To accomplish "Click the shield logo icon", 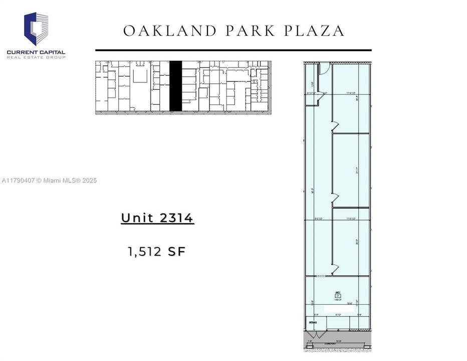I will click(x=36, y=29).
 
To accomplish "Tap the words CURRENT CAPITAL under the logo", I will click(x=36, y=52).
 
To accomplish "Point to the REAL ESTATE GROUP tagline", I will click(x=36, y=58).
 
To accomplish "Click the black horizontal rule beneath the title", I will click(x=233, y=50).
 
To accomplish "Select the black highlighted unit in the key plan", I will click(x=175, y=86).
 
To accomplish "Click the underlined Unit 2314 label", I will click(x=157, y=218).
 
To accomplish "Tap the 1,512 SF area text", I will click(x=157, y=251).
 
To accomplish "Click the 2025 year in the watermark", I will click(x=88, y=180).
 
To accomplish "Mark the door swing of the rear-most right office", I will click(x=335, y=125).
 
